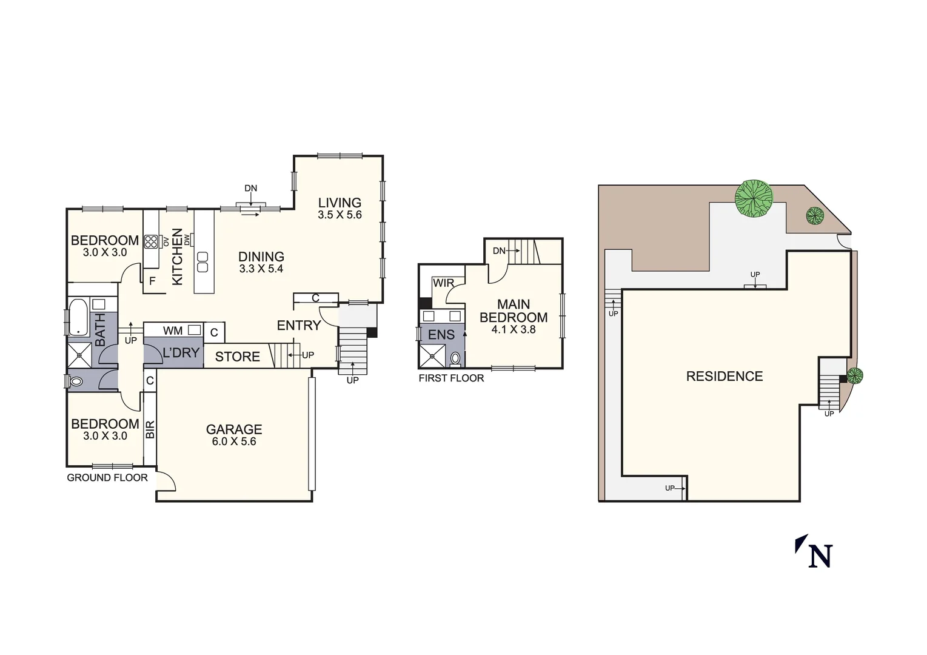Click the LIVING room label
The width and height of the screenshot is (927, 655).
coord(340,203)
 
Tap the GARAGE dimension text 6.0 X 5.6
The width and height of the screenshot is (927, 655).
coord(234,442)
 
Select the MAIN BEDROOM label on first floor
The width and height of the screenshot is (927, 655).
coord(514,311)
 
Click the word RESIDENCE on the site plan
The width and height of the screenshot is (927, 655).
coord(725,376)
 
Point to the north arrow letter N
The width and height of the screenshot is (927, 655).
coord(820,556)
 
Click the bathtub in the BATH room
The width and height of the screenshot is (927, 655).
coord(78,317)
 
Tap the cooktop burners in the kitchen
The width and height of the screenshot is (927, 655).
coord(151,241)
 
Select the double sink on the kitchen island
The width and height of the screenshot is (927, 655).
coord(203,262)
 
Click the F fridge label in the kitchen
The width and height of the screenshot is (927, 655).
coord(152,281)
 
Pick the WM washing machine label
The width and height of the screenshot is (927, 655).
coord(173,331)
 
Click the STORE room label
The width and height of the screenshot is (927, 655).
coord(238,357)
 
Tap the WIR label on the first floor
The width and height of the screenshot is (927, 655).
coord(443,283)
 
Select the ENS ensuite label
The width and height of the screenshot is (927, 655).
coord(441,335)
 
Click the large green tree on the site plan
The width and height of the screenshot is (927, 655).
coord(754,198)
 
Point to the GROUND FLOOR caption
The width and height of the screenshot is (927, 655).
coord(107,478)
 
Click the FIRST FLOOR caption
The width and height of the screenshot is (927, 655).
coord(451,378)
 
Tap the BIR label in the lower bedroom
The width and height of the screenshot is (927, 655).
coord(150,429)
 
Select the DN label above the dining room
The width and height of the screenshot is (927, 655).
coord(250,189)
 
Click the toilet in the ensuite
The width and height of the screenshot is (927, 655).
coord(455,358)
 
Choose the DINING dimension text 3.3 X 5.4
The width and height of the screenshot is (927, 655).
coord(261,269)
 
